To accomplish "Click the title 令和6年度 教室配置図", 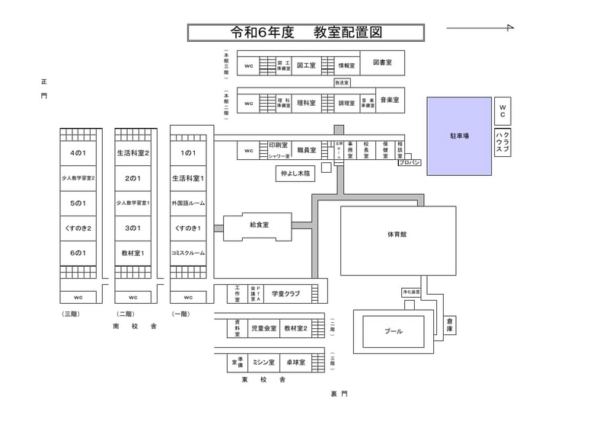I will point(306,33).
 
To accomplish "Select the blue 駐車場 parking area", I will point(459,136).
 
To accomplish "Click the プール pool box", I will point(393,331).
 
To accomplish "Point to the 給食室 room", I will point(259,225).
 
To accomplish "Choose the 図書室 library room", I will point(381,62).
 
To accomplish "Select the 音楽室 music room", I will point(392,101).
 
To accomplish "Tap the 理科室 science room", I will point(307,103).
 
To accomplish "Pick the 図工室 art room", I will point(307,66).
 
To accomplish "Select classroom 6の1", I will point(78,253).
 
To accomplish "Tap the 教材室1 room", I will point(132,253).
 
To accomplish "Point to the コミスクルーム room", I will point(187,253).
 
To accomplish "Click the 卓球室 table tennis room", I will point(293,362).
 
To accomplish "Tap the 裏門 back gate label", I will point(339,394).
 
